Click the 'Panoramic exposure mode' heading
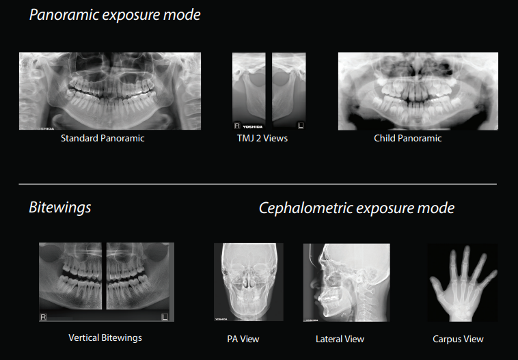[115, 15]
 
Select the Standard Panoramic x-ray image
[110, 91]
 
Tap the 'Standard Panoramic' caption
[103, 138]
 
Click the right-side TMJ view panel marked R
[249, 91]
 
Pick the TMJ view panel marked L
[289, 91]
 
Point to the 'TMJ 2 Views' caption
[262, 138]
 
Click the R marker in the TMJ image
[237, 126]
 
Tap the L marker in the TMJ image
[301, 126]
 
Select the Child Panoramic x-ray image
[418, 91]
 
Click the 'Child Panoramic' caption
[408, 138]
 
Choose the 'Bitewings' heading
[59, 208]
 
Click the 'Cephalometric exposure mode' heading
[357, 208]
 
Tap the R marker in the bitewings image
[43, 317]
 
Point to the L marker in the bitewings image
[165, 317]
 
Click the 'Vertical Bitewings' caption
[105, 338]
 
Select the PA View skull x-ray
[249, 282]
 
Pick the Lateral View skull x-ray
[346, 282]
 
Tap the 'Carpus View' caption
[458, 340]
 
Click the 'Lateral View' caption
[340, 340]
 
